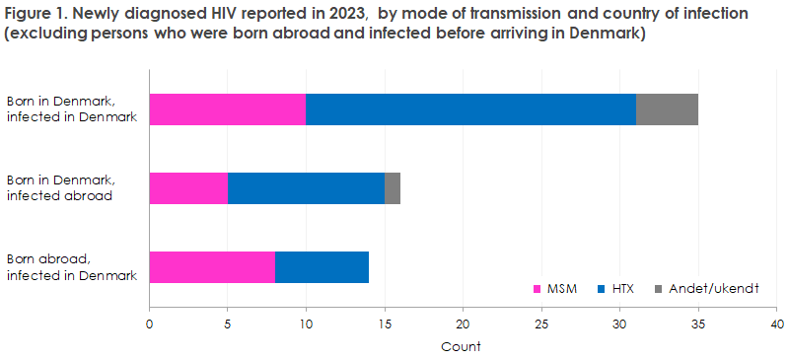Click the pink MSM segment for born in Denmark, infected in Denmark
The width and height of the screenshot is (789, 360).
227,109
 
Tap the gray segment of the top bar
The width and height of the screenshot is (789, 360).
667,109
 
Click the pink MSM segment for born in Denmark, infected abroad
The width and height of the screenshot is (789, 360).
188,187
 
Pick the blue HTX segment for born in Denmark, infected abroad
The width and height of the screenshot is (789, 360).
306,187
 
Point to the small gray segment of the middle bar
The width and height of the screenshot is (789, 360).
393,187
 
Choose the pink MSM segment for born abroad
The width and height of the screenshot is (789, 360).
212,267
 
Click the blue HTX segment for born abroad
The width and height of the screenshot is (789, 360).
322,267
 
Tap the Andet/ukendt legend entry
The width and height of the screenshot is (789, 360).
712,288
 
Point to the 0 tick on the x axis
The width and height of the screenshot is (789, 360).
149,324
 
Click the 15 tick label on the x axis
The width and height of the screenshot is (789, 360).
385,324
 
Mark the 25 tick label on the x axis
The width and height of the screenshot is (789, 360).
541,324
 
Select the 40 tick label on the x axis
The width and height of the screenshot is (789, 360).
776,324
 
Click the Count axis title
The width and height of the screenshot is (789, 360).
463,346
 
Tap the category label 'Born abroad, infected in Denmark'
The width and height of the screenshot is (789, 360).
71,267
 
